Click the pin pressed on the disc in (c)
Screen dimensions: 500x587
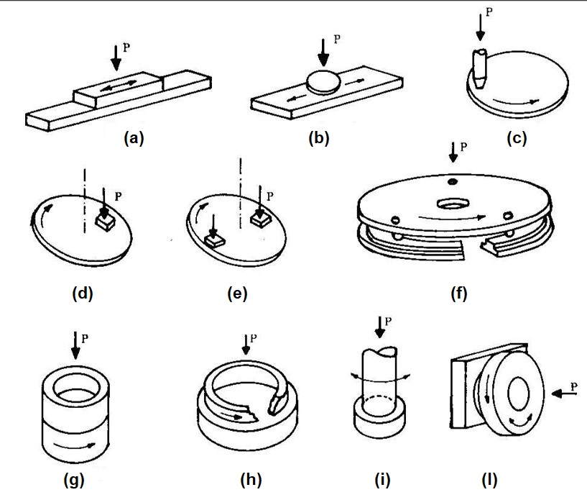[479, 68]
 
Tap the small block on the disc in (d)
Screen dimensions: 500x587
[103, 222]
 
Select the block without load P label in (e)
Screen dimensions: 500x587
[213, 240]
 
